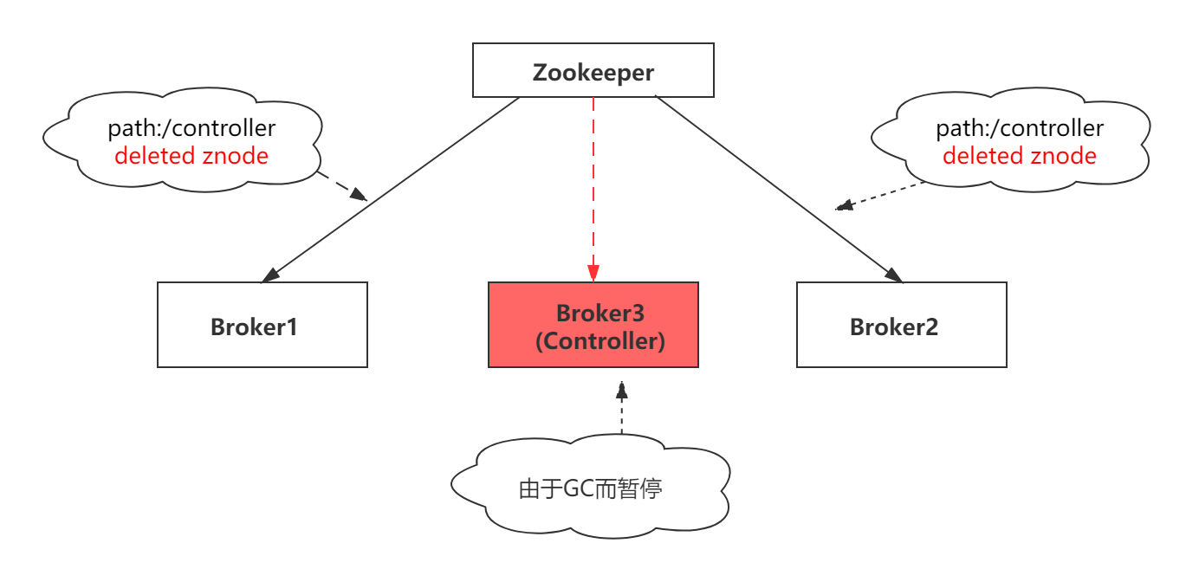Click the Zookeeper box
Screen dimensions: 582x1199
tap(593, 71)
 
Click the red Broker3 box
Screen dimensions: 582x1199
tap(593, 326)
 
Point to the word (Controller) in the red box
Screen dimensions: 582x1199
tap(599, 341)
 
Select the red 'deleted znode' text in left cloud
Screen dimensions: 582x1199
tap(191, 157)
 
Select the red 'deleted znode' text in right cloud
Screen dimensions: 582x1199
tap(1019, 157)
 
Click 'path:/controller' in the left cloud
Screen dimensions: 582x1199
tap(191, 129)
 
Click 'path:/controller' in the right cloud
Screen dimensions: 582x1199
tap(1019, 129)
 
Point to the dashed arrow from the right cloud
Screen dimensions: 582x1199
tap(879, 196)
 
